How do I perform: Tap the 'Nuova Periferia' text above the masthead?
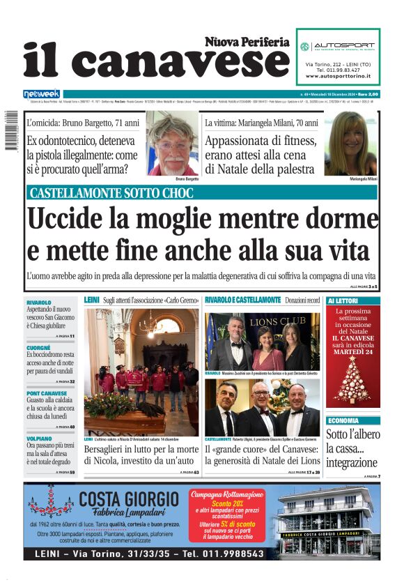tap(247, 42)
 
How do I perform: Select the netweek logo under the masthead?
tap(41, 93)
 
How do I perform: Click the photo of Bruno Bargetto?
tap(171, 144)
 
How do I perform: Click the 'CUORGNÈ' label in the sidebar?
tap(38, 347)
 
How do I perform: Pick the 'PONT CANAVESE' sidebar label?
tap(47, 392)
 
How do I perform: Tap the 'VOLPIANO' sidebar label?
tap(39, 439)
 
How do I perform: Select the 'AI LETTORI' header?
tap(343, 300)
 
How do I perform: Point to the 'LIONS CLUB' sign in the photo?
tap(277, 323)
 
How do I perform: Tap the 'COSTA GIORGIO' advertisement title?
tap(129, 499)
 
